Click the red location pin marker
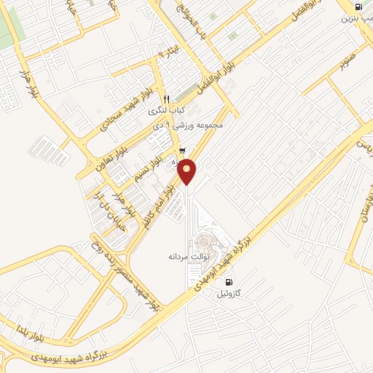pyautogui.click(x=187, y=170)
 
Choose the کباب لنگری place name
pyautogui.click(x=162, y=111)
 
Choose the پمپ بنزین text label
pyautogui.click(x=354, y=17)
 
